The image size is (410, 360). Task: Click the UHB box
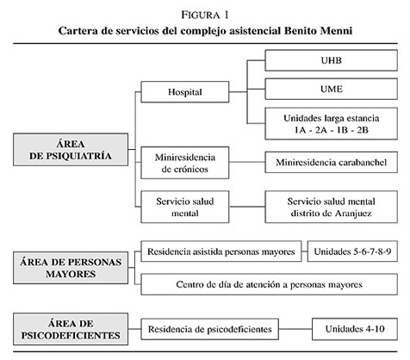(331, 60)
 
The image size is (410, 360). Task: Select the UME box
(331, 89)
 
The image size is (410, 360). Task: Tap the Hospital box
(185, 92)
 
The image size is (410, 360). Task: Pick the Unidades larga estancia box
(331, 124)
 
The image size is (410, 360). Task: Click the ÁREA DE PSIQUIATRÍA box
(71, 150)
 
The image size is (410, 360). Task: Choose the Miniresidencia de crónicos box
(185, 163)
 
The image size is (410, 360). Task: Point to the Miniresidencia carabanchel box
(331, 162)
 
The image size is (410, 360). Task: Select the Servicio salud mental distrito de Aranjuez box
(331, 207)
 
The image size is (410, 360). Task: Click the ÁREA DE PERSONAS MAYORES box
(71, 268)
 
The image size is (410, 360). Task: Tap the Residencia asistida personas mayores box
(221, 251)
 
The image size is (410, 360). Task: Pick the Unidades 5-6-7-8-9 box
(352, 251)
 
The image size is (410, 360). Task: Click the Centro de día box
(269, 284)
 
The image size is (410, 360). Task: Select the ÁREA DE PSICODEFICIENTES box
(71, 329)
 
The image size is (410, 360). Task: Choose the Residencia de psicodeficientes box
(209, 329)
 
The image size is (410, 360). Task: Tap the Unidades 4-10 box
(355, 329)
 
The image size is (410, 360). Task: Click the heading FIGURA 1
(205, 15)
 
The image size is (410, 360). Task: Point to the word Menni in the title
(336, 30)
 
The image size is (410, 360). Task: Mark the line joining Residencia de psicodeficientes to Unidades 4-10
(295, 329)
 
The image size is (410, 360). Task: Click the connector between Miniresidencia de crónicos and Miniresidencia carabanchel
(247, 162)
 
